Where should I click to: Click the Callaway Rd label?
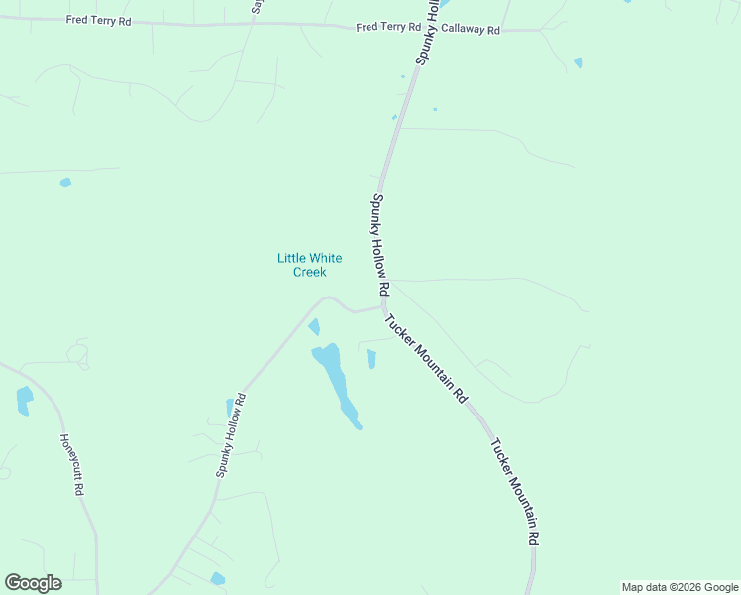point(471,31)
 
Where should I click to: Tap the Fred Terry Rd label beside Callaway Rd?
point(381,28)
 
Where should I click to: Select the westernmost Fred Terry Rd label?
point(98,20)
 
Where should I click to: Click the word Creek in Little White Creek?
point(309,272)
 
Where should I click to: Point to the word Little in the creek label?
point(292,258)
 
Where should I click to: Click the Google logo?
point(33,583)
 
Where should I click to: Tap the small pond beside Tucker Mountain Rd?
point(371,359)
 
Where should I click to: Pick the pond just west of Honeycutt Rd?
point(24,400)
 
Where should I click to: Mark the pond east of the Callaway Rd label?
point(579,62)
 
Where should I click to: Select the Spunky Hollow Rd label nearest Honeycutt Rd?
point(231,434)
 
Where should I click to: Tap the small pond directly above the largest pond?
point(314,326)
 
